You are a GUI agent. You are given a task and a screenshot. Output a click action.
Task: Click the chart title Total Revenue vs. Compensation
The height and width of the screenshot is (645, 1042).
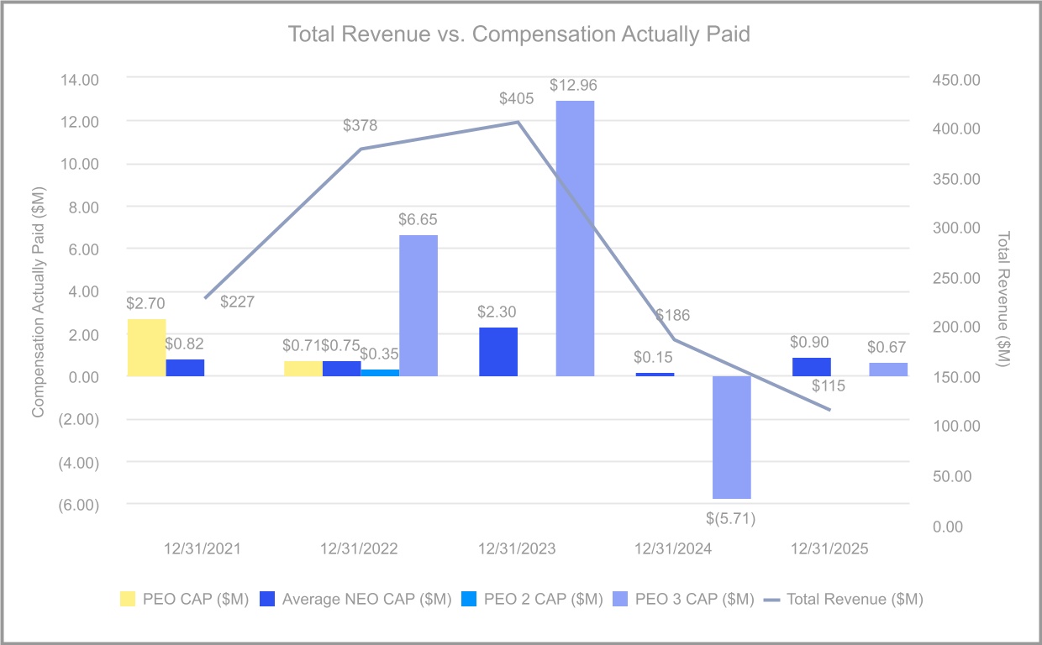(x=519, y=34)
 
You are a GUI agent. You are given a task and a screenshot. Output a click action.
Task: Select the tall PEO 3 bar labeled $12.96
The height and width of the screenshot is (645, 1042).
(x=575, y=239)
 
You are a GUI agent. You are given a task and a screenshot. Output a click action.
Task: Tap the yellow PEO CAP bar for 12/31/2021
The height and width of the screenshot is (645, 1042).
(x=146, y=348)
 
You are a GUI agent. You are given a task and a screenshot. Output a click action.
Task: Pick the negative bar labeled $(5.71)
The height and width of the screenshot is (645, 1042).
(x=731, y=438)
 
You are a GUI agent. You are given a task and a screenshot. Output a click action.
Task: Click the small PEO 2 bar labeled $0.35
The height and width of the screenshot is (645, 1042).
(x=380, y=373)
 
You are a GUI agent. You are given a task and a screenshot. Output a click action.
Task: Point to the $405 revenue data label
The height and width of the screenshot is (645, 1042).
(x=516, y=99)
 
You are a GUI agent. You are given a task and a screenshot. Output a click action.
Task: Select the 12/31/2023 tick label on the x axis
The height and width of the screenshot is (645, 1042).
(x=517, y=549)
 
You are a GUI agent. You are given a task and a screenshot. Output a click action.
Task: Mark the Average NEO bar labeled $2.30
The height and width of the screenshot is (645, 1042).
(x=498, y=352)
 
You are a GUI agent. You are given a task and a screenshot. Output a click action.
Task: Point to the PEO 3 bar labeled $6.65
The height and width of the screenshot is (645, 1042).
(x=418, y=306)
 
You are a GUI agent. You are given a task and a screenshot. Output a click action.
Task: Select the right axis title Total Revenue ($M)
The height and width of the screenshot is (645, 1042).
(x=1004, y=298)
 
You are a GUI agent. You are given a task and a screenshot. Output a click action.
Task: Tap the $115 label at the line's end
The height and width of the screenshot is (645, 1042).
(x=829, y=387)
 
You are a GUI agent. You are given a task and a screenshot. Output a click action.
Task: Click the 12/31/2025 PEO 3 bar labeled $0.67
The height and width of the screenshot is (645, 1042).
(x=888, y=370)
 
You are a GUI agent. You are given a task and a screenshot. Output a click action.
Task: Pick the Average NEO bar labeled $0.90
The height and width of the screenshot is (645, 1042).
(x=811, y=367)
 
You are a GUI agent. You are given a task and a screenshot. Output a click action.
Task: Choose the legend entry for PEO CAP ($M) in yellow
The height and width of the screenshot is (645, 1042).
(x=184, y=599)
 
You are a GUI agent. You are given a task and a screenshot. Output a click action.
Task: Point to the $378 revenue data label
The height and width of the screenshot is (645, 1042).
(x=360, y=126)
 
